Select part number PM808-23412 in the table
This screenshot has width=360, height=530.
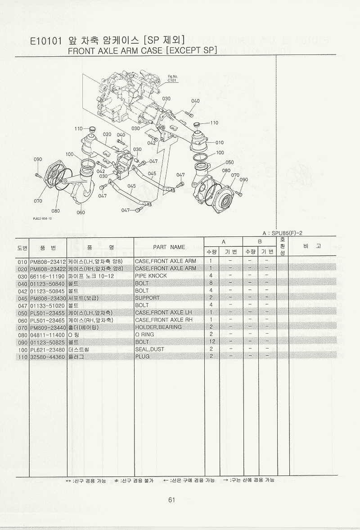coord(48,261)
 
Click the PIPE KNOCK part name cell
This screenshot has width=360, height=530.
coord(151,276)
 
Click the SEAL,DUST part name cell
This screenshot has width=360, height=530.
coord(149,349)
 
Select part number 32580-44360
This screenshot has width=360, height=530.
coord(48,357)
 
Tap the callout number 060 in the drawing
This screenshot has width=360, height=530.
coord(81,212)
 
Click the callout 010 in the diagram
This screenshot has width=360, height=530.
coord(219,143)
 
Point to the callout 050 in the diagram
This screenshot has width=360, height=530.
coord(229,162)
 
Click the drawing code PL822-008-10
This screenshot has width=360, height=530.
coord(43,218)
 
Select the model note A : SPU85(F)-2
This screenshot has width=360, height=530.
coord(281,233)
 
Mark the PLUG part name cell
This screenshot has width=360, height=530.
coord(143,357)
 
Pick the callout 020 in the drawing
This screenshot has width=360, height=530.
coord(107,134)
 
